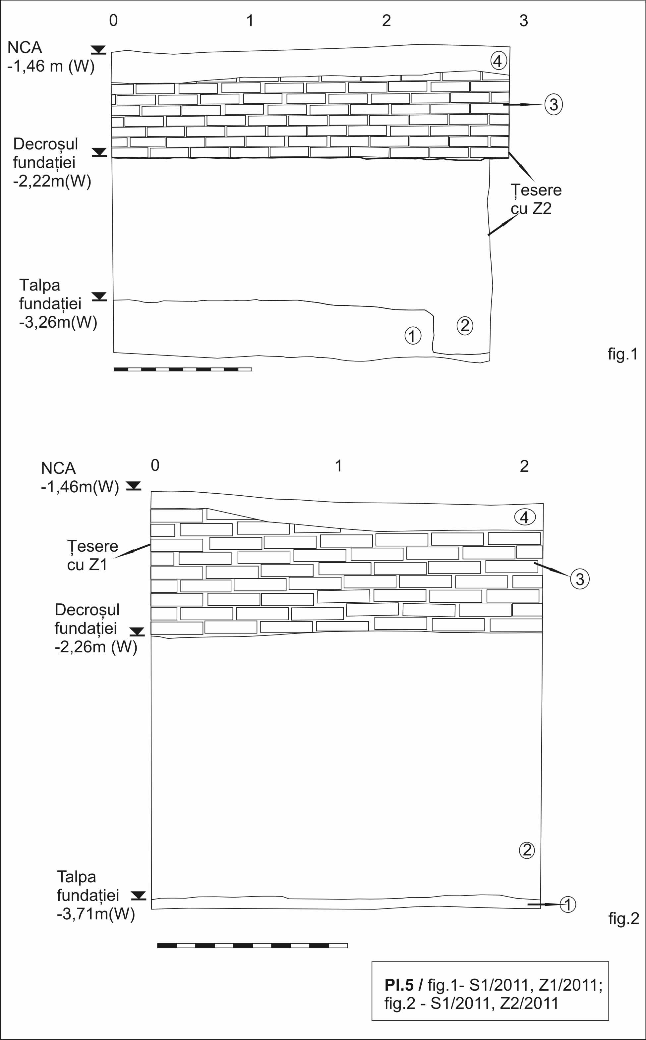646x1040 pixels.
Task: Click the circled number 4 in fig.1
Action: point(498,61)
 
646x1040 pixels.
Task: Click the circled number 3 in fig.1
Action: point(553,105)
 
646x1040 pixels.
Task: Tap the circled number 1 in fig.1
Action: point(413,336)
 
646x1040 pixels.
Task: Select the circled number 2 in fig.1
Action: point(465,326)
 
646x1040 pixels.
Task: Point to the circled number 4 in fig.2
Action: point(524,517)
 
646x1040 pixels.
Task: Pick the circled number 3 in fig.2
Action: point(580,579)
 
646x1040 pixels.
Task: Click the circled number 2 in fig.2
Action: point(526,850)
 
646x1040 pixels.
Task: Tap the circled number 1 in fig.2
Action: point(568,904)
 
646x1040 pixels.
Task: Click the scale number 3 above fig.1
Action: point(524,21)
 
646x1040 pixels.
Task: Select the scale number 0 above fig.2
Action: point(155,465)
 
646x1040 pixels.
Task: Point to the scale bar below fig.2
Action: point(252,946)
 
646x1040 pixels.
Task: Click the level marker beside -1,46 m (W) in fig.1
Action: point(99,50)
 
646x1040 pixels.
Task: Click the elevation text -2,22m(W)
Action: point(52,182)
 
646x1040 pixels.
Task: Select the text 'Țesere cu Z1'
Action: point(92,555)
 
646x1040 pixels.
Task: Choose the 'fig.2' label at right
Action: point(623,919)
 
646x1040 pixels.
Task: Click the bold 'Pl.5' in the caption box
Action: point(399,985)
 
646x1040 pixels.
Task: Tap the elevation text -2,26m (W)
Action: point(96,647)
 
